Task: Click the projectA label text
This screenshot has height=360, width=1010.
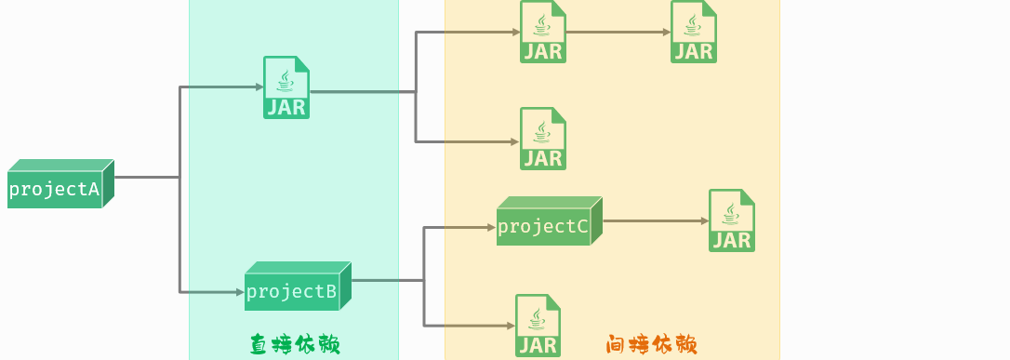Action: tap(54, 190)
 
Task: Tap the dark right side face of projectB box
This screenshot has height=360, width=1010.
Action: tap(345, 286)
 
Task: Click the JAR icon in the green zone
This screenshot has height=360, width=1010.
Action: tap(286, 87)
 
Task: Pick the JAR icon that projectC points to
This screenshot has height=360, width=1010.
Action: tap(731, 220)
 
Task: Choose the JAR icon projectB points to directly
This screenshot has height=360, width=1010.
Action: tap(538, 326)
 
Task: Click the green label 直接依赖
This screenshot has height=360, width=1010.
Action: tap(294, 345)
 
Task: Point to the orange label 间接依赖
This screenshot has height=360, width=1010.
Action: tap(651, 345)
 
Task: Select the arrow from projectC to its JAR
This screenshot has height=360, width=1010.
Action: tap(655, 221)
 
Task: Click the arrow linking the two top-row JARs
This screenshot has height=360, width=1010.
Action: tap(618, 33)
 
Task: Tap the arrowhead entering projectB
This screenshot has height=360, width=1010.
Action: tap(239, 293)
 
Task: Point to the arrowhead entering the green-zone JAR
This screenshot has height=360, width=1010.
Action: tap(259, 87)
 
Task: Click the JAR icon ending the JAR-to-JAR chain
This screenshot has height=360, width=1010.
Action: tap(694, 32)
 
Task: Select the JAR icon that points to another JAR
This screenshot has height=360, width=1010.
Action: tap(543, 32)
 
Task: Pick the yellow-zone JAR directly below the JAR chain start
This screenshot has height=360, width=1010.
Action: tap(543, 139)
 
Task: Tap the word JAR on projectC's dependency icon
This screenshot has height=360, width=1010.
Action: tap(731, 240)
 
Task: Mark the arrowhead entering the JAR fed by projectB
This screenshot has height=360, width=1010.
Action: tap(511, 326)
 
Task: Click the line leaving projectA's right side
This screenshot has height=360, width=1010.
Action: tap(145, 177)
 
